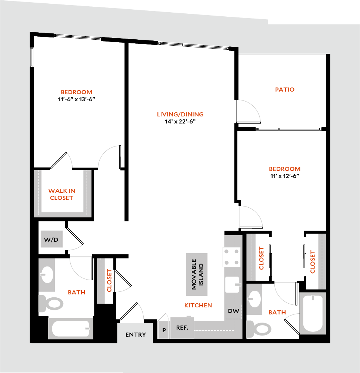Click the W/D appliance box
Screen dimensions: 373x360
[51, 240]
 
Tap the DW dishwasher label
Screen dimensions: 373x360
[233, 311]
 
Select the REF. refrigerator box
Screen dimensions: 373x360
[182, 328]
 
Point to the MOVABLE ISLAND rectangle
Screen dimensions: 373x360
[197, 274]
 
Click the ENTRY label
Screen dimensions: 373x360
[136, 334]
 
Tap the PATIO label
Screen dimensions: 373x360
[285, 89]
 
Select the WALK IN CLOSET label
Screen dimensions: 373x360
[61, 194]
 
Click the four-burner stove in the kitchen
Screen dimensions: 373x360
[231, 257]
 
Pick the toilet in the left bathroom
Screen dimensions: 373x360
[51, 303]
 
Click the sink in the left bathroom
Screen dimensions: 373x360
[47, 275]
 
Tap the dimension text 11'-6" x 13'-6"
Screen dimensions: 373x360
[76, 99]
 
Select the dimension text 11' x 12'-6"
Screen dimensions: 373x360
[285, 176]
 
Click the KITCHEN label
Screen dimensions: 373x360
[198, 305]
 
